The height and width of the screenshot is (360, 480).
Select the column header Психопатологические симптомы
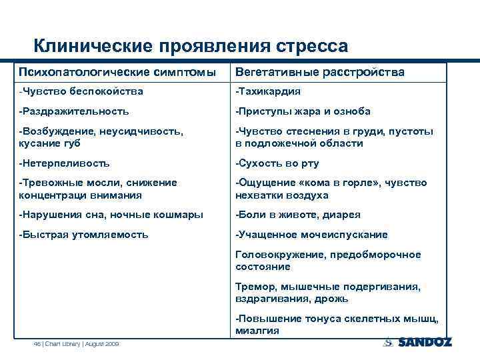[117, 71]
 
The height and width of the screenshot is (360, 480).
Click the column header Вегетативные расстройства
[319, 71]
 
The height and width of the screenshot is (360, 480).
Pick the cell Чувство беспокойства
[81, 91]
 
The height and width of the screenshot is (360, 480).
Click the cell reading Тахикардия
[268, 91]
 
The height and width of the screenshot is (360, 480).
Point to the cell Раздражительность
[75, 111]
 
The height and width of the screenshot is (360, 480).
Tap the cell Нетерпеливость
[65, 163]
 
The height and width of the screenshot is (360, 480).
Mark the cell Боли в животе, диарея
[298, 215]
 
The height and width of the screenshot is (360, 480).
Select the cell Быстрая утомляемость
[84, 235]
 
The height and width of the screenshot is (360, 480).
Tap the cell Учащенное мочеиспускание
[311, 235]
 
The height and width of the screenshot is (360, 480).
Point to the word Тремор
[253, 287]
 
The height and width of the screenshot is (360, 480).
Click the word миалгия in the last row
[257, 331]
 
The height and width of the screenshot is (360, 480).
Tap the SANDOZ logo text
[424, 343]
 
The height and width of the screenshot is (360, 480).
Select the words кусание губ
[49, 143]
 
